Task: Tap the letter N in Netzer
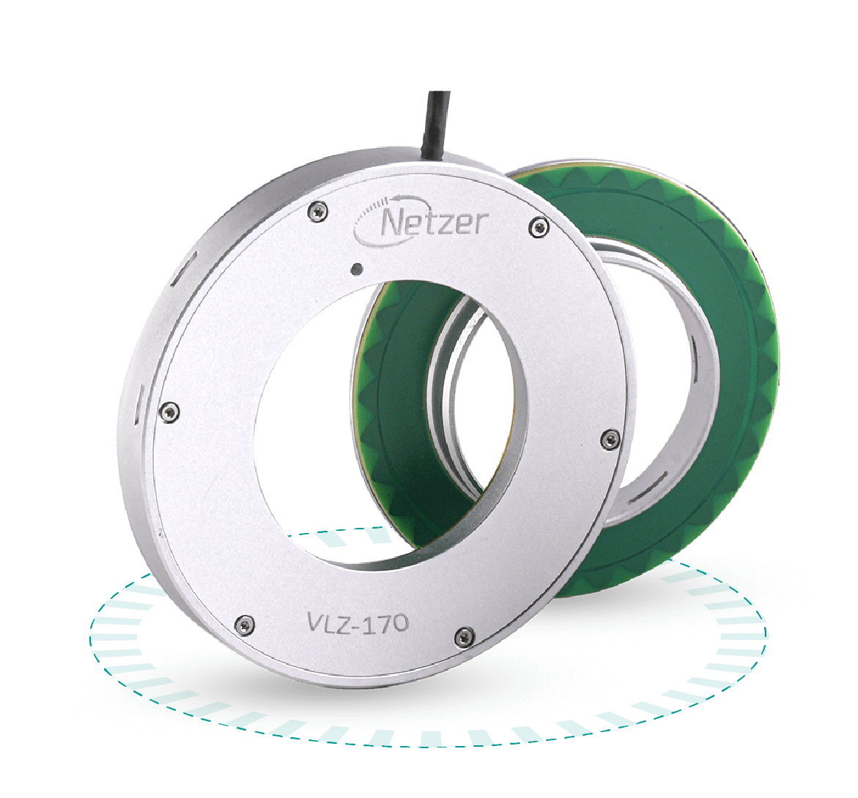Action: pyautogui.click(x=391, y=223)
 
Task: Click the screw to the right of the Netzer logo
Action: pyautogui.click(x=539, y=226)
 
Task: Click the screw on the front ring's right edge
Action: pyautogui.click(x=607, y=439)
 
